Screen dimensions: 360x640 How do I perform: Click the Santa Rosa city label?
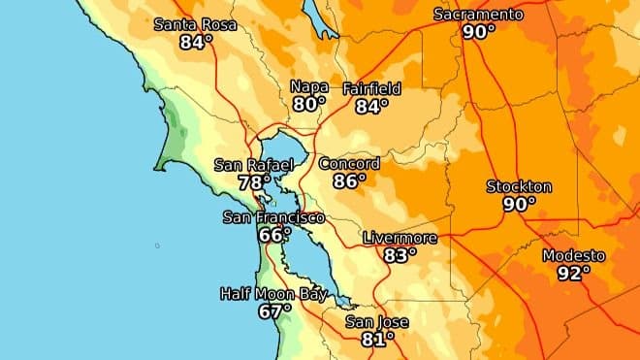click(196, 24)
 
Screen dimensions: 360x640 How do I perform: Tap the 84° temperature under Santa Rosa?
click(196, 42)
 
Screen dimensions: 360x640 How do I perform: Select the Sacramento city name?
click(478, 15)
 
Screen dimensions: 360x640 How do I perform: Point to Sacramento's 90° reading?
click(478, 32)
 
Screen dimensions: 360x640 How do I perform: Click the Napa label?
click(309, 86)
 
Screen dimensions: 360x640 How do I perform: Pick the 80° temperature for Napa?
click(309, 104)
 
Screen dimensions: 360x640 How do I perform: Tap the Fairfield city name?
click(371, 88)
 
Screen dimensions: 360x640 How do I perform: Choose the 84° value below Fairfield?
click(371, 106)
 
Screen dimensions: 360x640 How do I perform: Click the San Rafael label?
click(254, 164)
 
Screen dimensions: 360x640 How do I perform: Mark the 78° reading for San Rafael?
click(254, 181)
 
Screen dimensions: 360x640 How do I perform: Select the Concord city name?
click(349, 163)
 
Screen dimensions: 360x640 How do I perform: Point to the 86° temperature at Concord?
click(349, 180)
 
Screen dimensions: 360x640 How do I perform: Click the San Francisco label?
click(273, 217)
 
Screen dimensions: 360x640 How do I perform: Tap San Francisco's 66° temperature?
click(274, 235)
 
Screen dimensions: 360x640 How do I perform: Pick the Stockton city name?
click(519, 186)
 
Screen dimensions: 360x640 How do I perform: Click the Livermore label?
click(400, 238)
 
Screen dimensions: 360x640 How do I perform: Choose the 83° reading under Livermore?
click(400, 255)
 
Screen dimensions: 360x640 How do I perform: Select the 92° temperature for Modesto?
click(574, 273)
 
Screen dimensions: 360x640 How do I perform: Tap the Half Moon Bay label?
click(273, 294)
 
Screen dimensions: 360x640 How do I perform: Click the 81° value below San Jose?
click(377, 339)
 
